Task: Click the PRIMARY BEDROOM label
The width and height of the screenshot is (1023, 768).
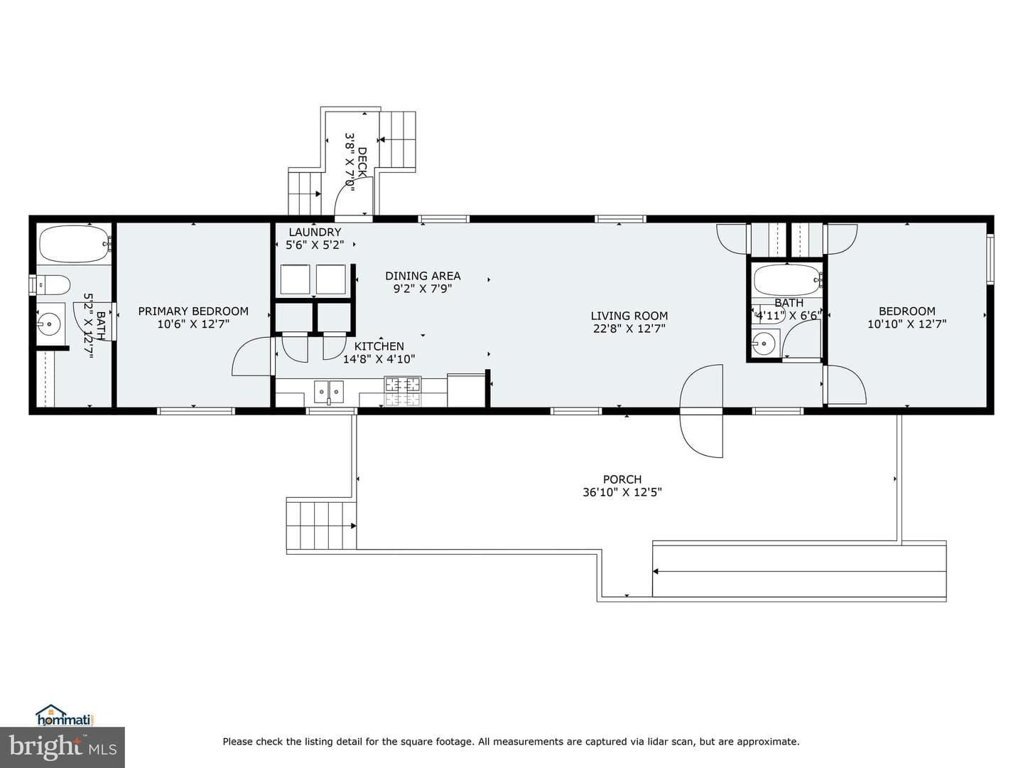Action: [193, 311]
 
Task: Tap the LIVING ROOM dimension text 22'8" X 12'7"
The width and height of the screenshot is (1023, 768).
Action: [629, 329]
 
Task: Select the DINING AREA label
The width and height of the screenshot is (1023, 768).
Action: [423, 276]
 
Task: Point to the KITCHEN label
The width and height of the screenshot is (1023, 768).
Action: [379, 346]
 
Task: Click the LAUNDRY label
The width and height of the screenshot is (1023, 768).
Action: [315, 232]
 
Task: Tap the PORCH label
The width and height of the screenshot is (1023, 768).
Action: [622, 479]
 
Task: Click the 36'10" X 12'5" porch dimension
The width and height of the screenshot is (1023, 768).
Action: [622, 492]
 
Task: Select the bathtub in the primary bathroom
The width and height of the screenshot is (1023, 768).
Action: [75, 245]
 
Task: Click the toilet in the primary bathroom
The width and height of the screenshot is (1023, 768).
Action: [52, 284]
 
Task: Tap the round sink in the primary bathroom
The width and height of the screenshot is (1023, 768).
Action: [48, 323]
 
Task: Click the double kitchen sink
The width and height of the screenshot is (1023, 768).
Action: [329, 391]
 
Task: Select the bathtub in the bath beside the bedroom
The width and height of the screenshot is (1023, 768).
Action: [787, 279]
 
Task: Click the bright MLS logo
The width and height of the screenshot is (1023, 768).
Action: [63, 747]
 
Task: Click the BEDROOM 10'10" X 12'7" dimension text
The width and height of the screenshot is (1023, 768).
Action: [906, 324]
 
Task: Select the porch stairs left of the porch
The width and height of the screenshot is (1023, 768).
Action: [321, 526]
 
